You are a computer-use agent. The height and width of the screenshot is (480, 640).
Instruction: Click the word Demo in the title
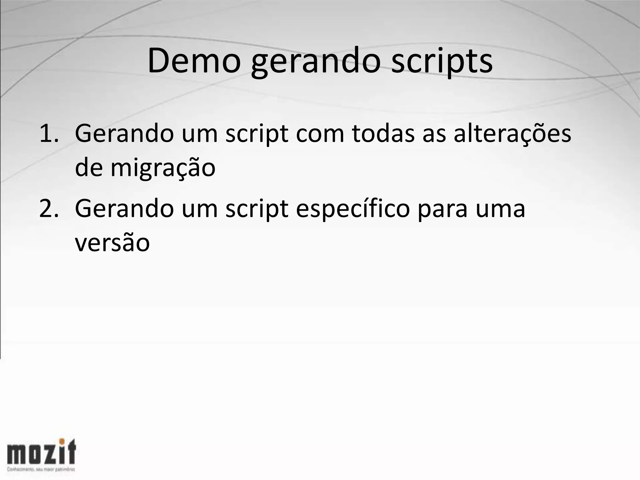click(x=194, y=61)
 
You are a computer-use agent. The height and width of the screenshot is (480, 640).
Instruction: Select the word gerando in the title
click(x=316, y=62)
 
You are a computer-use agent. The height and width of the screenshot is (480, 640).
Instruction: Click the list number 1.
click(x=49, y=134)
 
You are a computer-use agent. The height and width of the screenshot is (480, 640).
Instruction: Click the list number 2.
click(x=49, y=209)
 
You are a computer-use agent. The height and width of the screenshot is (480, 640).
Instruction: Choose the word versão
click(x=112, y=243)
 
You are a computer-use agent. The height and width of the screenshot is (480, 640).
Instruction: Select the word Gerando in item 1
click(x=124, y=134)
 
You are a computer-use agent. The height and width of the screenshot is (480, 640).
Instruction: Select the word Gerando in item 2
click(x=124, y=209)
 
